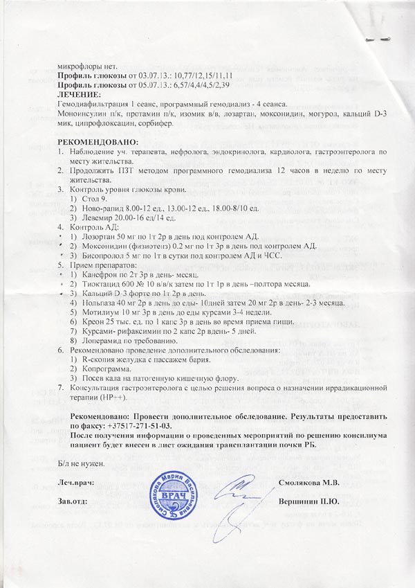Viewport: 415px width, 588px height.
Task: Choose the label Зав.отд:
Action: [x=75, y=501]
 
